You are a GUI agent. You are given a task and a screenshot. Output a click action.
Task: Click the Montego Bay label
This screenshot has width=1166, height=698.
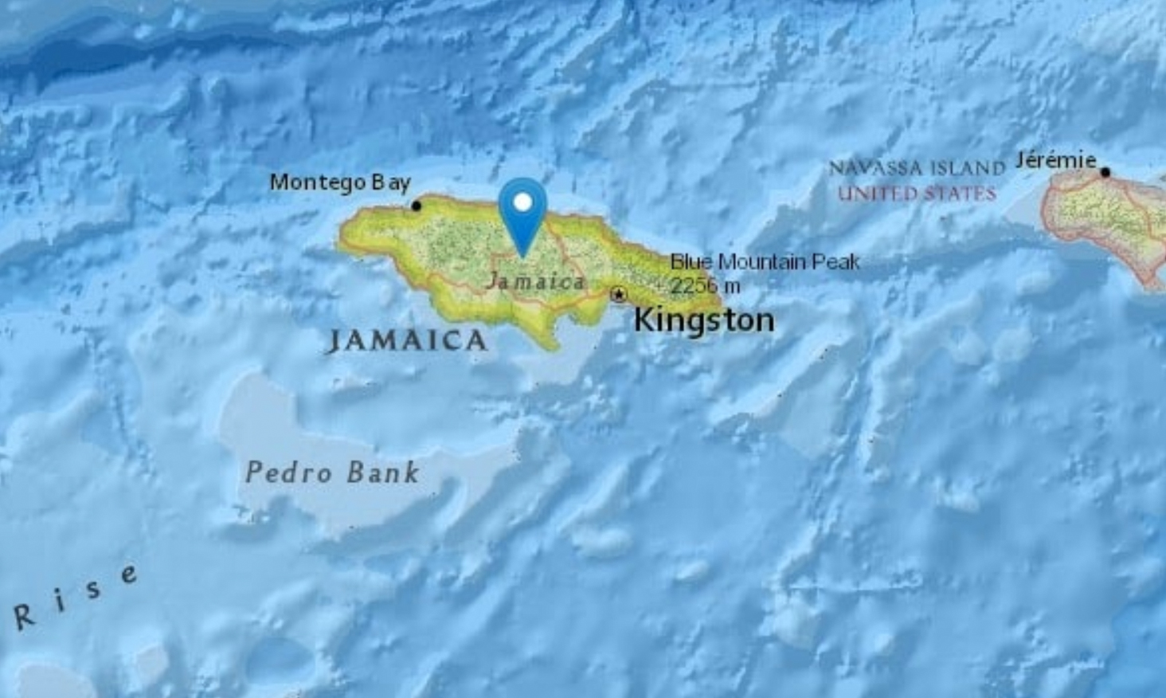point(340,182)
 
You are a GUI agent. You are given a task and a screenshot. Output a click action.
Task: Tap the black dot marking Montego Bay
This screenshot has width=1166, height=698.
point(416,206)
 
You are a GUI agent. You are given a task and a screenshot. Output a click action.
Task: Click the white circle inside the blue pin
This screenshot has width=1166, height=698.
point(522,202)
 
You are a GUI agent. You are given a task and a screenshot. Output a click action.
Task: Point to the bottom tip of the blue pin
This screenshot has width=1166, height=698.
point(523,256)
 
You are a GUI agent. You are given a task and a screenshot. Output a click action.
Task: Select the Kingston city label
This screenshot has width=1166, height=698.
point(704,320)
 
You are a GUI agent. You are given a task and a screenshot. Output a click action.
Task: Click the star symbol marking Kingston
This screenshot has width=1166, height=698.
point(618,295)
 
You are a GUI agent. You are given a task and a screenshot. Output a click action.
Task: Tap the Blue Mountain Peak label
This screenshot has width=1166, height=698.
point(765,261)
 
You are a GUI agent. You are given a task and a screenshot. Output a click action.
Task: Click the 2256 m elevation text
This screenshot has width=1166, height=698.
point(705,285)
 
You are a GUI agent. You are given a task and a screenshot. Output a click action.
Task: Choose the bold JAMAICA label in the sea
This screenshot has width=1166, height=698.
point(407,341)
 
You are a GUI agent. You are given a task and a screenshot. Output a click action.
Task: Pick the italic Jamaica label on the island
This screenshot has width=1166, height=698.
point(536,281)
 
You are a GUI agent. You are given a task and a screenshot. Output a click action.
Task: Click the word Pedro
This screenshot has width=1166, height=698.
point(288,473)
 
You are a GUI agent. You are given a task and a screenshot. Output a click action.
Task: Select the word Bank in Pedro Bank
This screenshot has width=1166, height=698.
point(383,473)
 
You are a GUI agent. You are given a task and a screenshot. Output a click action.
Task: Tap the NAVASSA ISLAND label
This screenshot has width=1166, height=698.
point(917,169)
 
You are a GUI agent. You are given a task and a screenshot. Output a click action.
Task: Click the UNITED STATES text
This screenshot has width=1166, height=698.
point(917,194)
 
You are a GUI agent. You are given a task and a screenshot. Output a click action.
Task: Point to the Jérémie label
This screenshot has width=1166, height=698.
point(1056,161)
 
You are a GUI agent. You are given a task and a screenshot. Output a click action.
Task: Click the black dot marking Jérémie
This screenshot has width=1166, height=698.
point(1105,172)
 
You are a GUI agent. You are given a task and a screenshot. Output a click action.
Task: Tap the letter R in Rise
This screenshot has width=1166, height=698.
point(25,616)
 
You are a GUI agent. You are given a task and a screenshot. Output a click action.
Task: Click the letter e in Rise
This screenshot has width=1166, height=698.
point(128,575)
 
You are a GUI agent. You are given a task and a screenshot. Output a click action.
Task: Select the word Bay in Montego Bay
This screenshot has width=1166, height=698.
point(390,183)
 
